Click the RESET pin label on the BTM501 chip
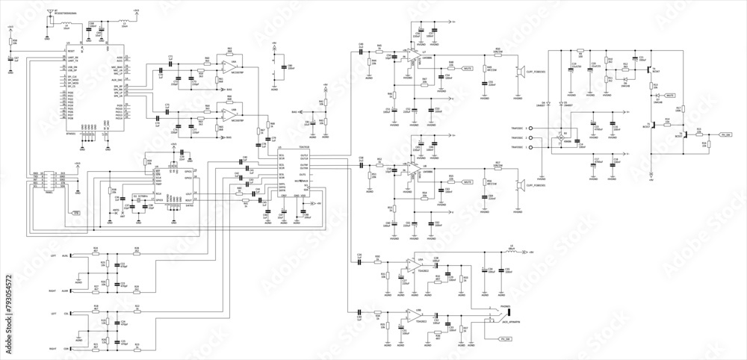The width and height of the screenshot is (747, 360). [71, 51]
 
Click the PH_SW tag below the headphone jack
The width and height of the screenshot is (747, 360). [504, 339]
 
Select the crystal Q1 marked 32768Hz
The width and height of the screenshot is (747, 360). [140, 201]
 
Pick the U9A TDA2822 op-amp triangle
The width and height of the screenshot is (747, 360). [412, 265]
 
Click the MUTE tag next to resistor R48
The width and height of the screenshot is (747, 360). [468, 68]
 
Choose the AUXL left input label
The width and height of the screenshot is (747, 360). [64, 255]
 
